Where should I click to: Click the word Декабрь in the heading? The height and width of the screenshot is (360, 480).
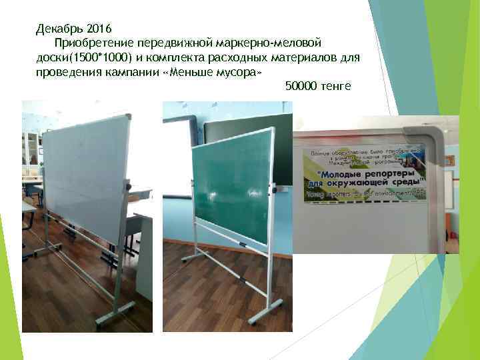click(58, 29)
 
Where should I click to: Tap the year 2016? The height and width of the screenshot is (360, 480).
click(97, 29)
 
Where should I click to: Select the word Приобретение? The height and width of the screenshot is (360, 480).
click(91, 43)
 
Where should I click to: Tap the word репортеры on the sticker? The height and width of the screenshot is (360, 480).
click(385, 171)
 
